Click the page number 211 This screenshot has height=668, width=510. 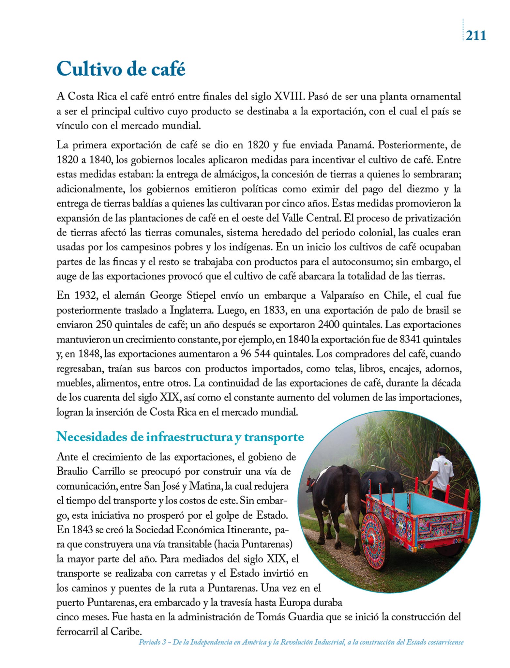click(x=476, y=35)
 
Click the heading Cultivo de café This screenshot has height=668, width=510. click(x=121, y=69)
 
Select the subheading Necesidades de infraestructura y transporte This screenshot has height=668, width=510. click(x=180, y=437)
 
